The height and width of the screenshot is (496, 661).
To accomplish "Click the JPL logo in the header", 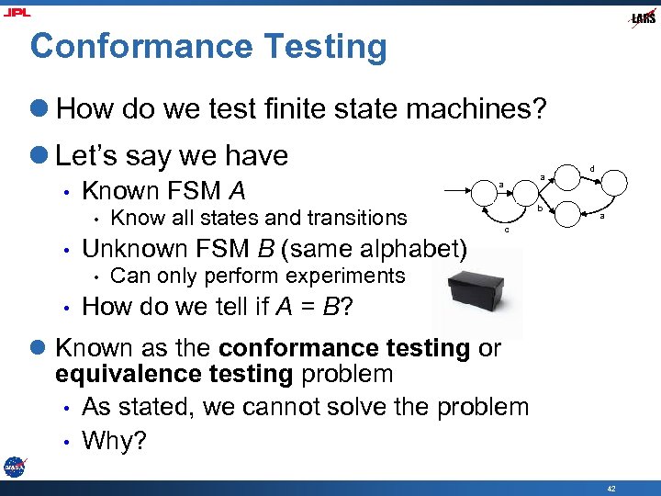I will point(17,12).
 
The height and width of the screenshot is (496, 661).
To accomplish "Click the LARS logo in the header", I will point(643,17).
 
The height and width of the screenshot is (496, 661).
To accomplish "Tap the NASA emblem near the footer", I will point(14,466).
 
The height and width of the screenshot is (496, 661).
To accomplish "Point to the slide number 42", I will point(611,486).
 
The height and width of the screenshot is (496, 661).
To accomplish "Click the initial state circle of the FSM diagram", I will point(501,192).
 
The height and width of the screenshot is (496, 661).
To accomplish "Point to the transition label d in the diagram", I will point(591,169).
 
